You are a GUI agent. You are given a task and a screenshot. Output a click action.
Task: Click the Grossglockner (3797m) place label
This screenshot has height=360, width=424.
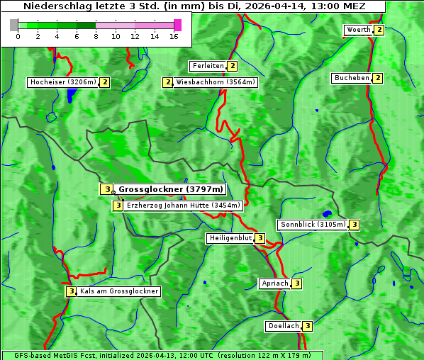pyautogui.click(x=170, y=189)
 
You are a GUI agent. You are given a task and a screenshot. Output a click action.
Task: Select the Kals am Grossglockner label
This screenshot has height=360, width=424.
pyautogui.click(x=119, y=291)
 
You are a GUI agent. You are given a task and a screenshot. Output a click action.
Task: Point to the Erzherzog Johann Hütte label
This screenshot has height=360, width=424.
pyautogui.click(x=184, y=206)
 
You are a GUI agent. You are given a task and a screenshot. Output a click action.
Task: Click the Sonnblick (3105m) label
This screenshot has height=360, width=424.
pyautogui.click(x=313, y=225)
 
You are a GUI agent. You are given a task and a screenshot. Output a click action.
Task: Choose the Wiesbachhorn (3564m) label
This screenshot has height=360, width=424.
pyautogui.click(x=216, y=82)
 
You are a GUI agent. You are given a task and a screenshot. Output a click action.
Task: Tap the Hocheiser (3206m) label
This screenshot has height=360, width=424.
pyautogui.click(x=62, y=82)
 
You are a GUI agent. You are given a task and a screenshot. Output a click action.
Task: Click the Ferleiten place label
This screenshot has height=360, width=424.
pyautogui.click(x=208, y=66)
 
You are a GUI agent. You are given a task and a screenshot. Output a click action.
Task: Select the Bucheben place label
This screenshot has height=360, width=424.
pyautogui.click(x=352, y=78)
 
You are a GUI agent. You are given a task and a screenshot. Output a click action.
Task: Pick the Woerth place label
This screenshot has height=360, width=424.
pyautogui.click(x=358, y=30)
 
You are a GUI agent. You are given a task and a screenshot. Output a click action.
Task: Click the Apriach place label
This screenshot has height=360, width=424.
pyautogui.click(x=274, y=283)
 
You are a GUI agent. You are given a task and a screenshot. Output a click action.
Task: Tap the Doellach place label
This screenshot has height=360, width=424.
pyautogui.click(x=284, y=326)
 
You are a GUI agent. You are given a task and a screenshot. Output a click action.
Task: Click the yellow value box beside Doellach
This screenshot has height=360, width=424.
pyautogui.click(x=308, y=326)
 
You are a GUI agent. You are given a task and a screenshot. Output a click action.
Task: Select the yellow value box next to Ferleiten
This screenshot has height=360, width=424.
pyautogui.click(x=233, y=66)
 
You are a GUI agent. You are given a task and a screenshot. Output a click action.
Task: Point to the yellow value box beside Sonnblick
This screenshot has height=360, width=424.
pyautogui.click(x=355, y=225)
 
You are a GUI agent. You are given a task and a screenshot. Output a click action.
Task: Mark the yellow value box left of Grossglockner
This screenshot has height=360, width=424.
pyautogui.click(x=106, y=189)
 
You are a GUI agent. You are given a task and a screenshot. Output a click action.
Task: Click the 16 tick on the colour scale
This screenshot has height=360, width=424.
pyautogui.click(x=174, y=36)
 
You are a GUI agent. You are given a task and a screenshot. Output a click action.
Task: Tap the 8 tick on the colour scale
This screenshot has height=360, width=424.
pyautogui.click(x=96, y=36)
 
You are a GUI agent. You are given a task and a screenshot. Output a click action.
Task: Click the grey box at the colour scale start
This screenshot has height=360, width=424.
pyautogui.click(x=14, y=25)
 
